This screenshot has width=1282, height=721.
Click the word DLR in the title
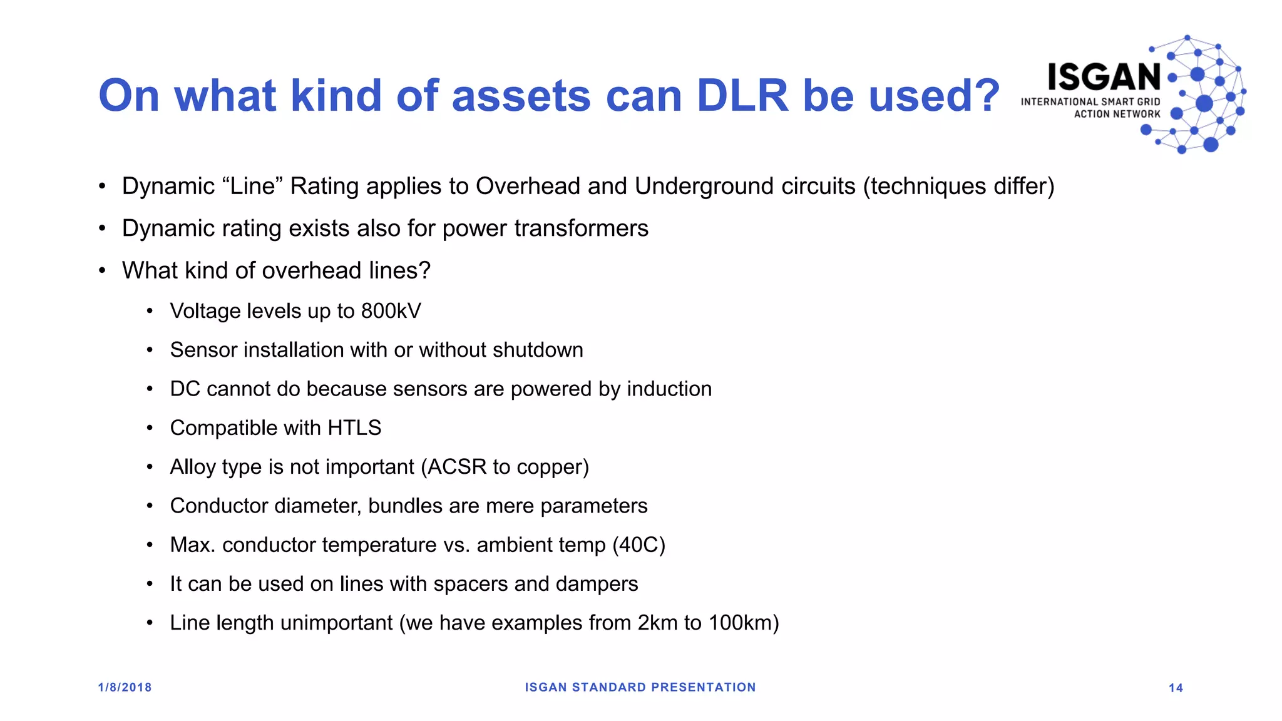coord(742,96)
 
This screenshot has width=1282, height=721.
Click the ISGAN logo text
coord(1104,78)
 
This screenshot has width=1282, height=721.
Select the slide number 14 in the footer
coord(1176,688)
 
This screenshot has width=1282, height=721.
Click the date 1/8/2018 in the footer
coord(125,687)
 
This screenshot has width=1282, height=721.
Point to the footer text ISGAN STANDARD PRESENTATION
coord(640,687)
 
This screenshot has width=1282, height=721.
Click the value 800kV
coord(391,311)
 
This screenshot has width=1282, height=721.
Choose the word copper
coord(553,467)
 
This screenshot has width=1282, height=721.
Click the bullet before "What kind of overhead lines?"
coord(102,271)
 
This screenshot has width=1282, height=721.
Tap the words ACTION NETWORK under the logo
coord(1117,114)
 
